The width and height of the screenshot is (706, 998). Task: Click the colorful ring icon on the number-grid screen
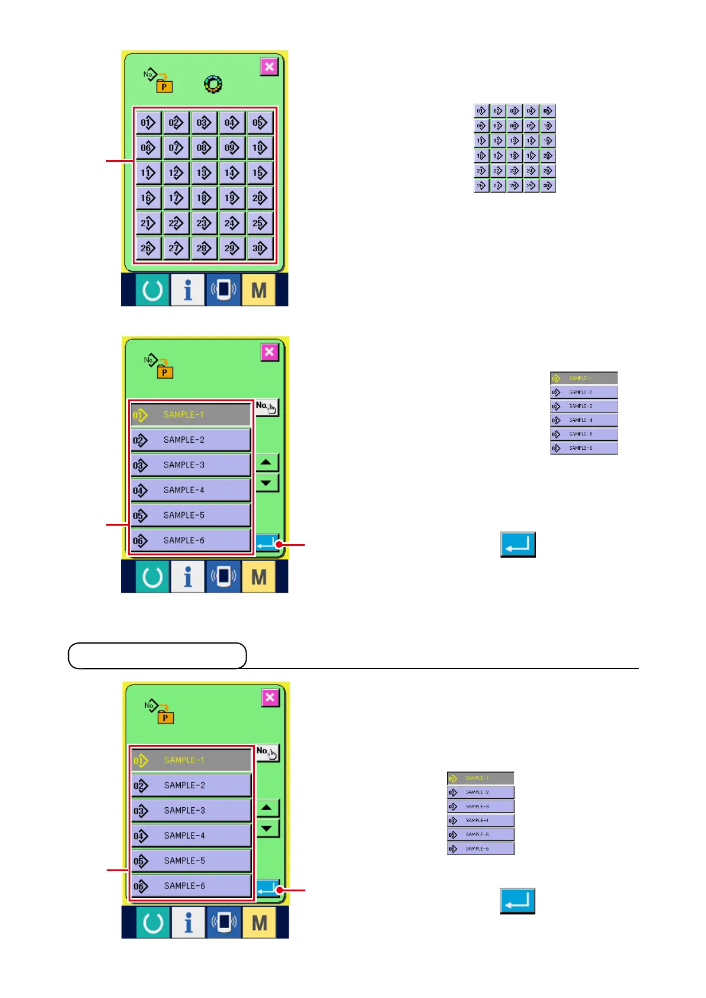coord(213,84)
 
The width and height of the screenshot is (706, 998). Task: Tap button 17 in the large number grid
coord(176,198)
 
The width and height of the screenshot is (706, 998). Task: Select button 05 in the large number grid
coord(260,123)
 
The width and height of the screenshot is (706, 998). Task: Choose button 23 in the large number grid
coord(204,223)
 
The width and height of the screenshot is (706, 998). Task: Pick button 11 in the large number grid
coord(148,173)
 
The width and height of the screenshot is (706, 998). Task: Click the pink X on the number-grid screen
coord(269,66)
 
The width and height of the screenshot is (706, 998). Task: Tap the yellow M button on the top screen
coord(259,290)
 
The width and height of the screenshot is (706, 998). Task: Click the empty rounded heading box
coord(157,655)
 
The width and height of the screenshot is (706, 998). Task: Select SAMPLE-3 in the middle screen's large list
coord(190,465)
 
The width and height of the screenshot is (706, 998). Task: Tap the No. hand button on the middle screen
coord(267,407)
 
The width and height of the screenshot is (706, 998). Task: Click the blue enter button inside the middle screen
coord(266,543)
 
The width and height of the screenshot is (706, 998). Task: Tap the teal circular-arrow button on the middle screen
coord(152,577)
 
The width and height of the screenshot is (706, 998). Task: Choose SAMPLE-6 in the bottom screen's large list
coord(191,886)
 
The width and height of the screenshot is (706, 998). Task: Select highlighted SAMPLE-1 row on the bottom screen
coord(191,760)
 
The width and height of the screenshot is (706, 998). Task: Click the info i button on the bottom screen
coord(189,923)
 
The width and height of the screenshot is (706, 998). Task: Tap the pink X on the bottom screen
coord(270,698)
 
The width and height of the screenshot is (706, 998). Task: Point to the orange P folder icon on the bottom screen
coord(165,717)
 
